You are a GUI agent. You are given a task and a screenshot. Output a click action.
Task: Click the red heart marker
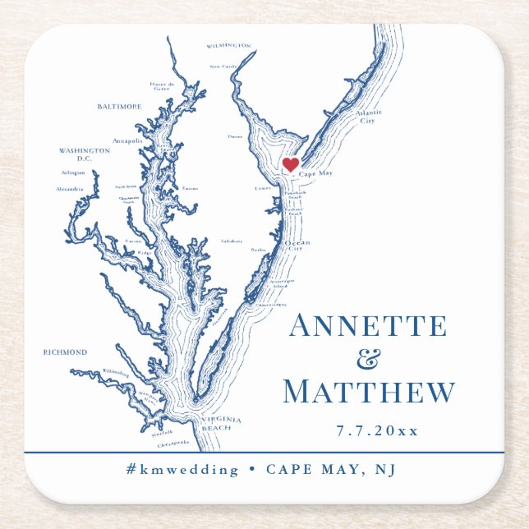[x=290, y=164]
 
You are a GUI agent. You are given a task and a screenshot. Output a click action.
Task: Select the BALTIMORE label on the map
[x=119, y=107]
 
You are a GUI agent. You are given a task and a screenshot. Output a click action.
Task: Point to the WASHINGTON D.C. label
[x=84, y=154]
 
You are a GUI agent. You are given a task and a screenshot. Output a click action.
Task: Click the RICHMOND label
[x=65, y=352]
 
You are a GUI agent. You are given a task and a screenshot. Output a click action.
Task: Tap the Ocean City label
[x=297, y=246]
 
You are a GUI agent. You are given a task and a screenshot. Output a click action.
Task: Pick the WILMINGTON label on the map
[x=228, y=46]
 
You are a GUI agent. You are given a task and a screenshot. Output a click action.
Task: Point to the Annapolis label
[x=127, y=140]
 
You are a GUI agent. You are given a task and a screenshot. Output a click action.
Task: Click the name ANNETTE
[x=368, y=326]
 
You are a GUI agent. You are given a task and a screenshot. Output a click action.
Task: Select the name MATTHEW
[x=368, y=392]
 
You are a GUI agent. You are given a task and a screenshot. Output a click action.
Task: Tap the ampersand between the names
[x=371, y=359]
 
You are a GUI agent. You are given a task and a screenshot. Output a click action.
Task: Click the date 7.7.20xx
[x=377, y=430]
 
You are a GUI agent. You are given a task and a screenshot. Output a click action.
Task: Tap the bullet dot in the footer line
[x=252, y=470]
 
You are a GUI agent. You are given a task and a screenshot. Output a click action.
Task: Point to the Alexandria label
[x=69, y=189]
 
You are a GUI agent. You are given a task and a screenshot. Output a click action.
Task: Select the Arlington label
[x=72, y=172]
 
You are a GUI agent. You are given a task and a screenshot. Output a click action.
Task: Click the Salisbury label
[x=232, y=241]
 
